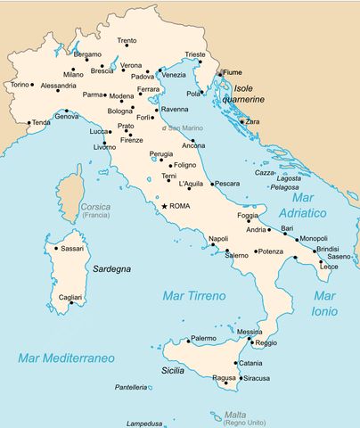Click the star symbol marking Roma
(164, 206)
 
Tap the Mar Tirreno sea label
(193, 295)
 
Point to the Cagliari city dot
(71, 304)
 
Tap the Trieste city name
(195, 54)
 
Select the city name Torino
(19, 85)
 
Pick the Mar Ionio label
(324, 303)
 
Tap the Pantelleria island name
(130, 387)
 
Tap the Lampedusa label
(147, 424)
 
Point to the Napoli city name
(218, 238)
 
